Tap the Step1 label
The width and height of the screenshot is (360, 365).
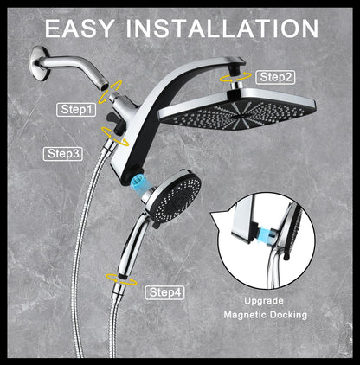pos(74,109)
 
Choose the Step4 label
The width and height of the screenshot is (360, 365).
pos(164,292)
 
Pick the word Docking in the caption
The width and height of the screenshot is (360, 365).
pos(288,316)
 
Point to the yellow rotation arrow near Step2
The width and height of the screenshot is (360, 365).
pos(231,77)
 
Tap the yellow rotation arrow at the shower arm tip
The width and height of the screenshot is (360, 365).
pos(112,86)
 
